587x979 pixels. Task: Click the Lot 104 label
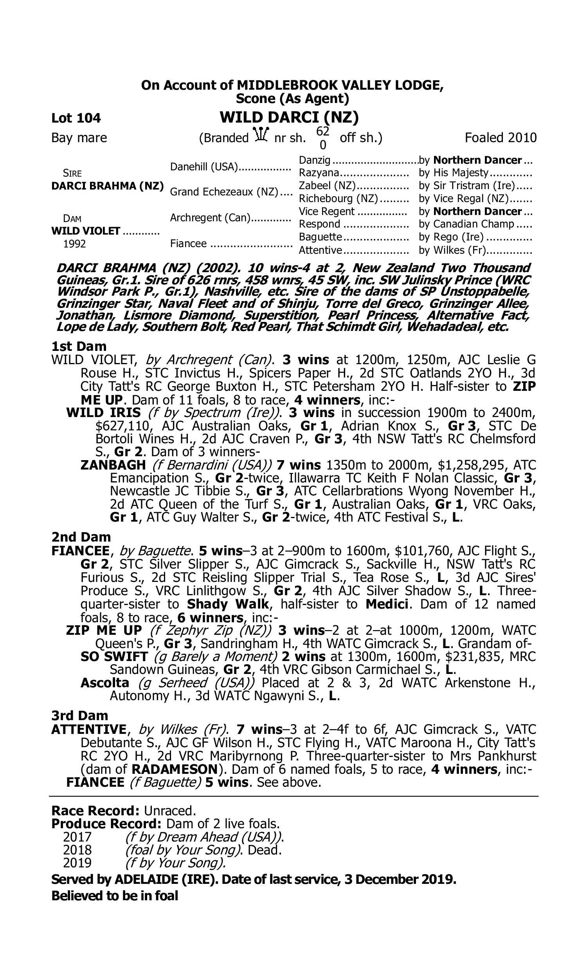(76, 118)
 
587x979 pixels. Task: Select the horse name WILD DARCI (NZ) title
(289, 117)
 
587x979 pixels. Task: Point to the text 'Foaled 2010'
(501, 138)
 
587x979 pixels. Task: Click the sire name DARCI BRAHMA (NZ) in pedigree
(108, 186)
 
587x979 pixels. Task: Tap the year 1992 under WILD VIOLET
(74, 244)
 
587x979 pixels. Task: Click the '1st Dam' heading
(79, 346)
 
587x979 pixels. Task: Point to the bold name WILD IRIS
(104, 412)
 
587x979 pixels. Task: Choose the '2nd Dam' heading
(81, 537)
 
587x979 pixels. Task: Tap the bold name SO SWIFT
(114, 656)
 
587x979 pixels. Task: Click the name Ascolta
(105, 683)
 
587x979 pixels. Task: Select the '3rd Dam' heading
(80, 715)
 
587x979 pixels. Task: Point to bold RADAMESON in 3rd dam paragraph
(175, 769)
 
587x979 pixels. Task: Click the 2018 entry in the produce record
(77, 850)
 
